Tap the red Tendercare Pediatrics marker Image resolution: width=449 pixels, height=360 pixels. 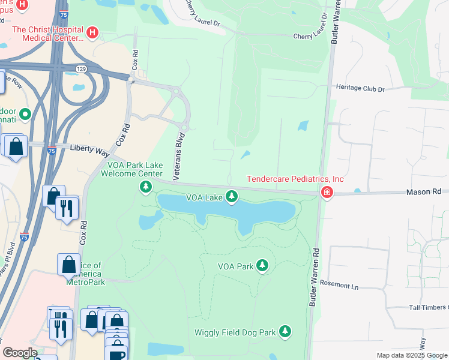coord(327,193)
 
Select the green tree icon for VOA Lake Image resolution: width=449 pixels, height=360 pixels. coord(232,197)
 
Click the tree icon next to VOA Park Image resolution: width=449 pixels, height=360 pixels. coord(262,265)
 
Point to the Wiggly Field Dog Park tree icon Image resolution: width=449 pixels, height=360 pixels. coord(285,332)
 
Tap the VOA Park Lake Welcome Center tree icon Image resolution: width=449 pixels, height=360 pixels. coord(145,188)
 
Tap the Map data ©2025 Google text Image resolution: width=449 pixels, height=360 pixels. coord(412,355)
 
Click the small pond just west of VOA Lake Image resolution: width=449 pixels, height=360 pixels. coord(149,220)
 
